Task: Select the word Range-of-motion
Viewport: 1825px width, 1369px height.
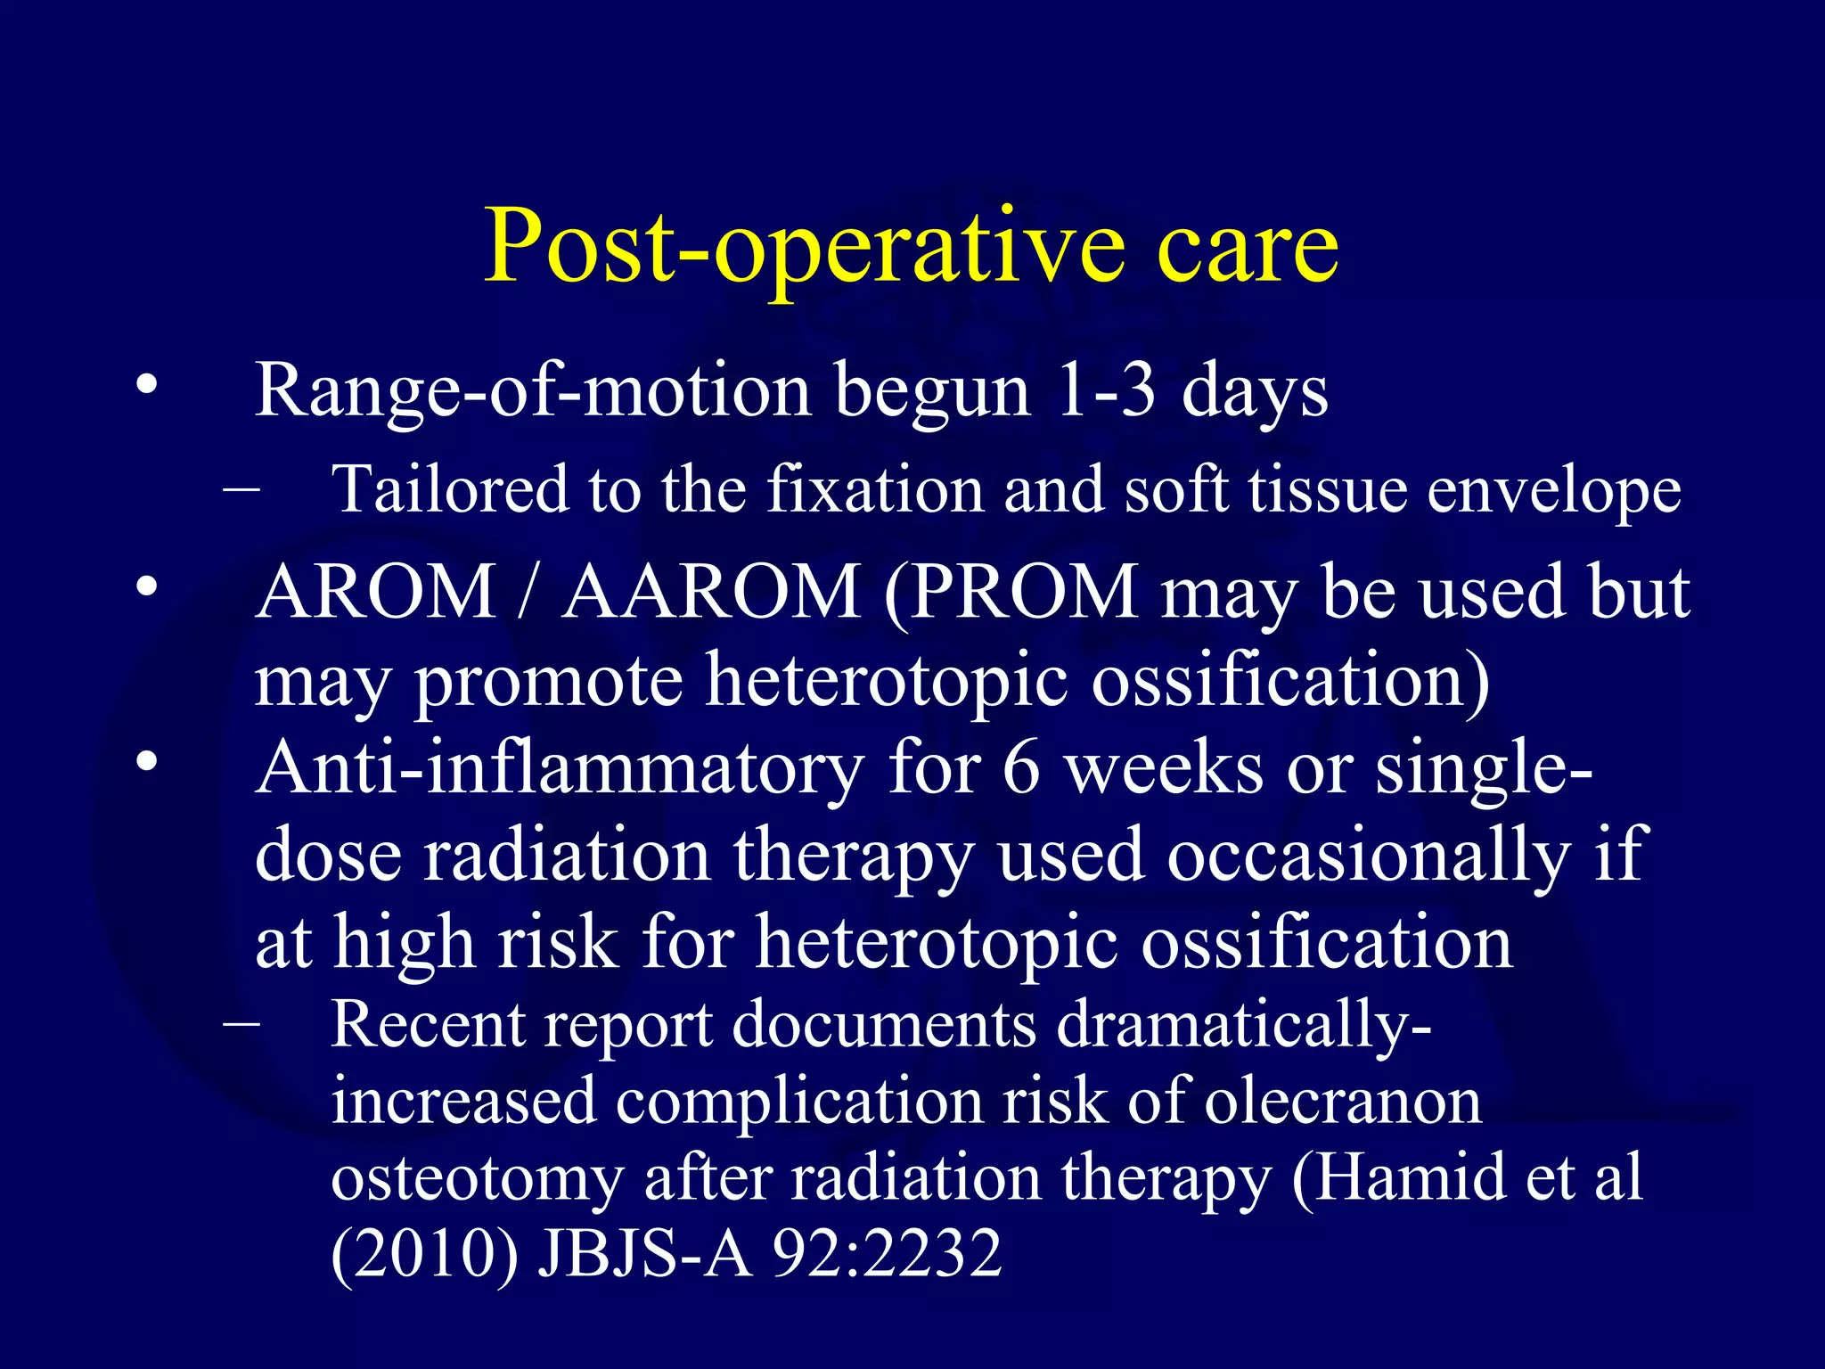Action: point(532,392)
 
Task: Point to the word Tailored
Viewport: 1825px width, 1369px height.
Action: point(448,489)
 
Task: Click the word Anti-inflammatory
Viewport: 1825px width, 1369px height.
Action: point(559,768)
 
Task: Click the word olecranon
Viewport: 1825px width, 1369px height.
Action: point(1343,1102)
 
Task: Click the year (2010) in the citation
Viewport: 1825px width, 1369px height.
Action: point(424,1253)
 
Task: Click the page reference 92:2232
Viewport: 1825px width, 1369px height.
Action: point(887,1253)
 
